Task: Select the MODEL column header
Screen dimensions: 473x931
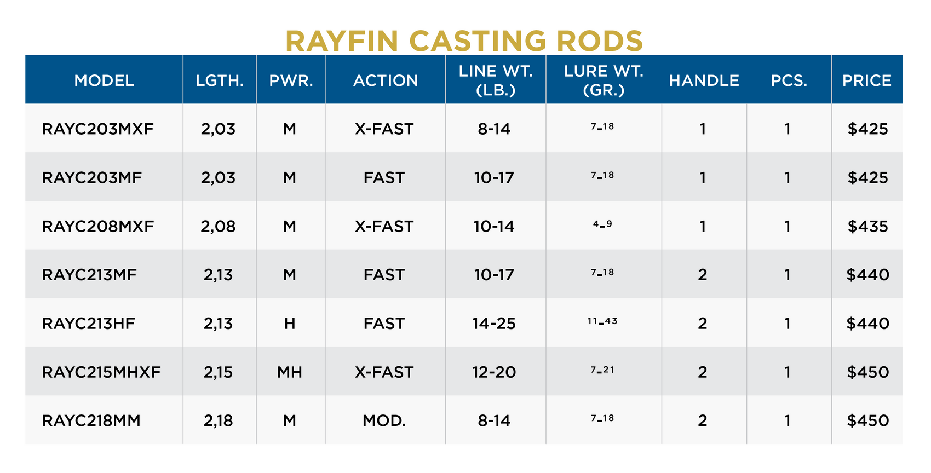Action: click(104, 80)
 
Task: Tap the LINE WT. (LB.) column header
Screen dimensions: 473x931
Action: click(496, 80)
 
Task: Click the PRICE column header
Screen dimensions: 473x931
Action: click(867, 80)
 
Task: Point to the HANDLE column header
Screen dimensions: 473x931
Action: click(704, 80)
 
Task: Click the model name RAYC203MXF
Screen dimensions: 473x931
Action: click(98, 129)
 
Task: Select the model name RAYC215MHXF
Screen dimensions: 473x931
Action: click(101, 372)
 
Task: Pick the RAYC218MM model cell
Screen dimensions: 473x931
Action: click(91, 420)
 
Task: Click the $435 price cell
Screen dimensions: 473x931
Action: click(867, 227)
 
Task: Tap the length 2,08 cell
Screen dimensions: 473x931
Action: click(218, 227)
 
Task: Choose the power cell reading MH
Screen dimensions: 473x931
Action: click(290, 372)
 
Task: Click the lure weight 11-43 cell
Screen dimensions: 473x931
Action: click(602, 321)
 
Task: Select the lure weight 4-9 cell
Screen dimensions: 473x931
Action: click(602, 224)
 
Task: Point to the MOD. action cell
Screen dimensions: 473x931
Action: click(384, 420)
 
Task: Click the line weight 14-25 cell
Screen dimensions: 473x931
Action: click(494, 324)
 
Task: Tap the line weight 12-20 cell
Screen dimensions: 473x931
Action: click(494, 372)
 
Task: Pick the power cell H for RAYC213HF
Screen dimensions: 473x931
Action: click(290, 324)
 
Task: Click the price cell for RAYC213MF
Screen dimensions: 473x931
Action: click(867, 275)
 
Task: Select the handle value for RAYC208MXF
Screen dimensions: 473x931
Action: click(703, 227)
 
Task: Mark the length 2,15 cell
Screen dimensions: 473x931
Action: click(218, 372)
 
